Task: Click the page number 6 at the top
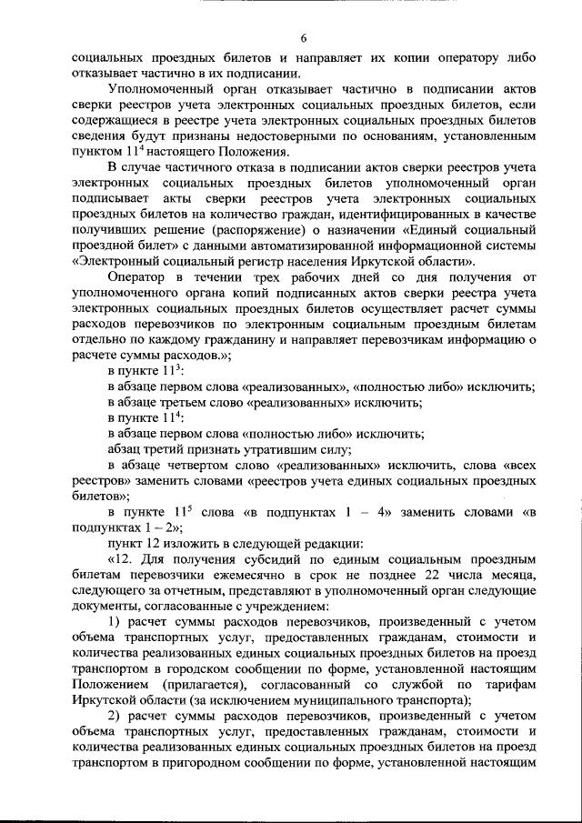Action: (304, 36)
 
